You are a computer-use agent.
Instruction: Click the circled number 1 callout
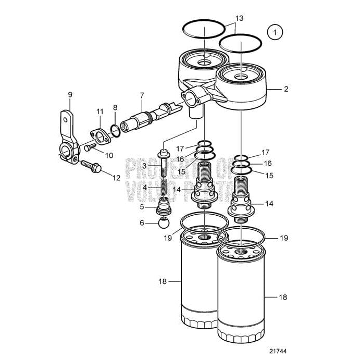pos(274,32)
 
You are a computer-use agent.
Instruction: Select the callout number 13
pos(239,19)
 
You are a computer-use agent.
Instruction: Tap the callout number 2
pos(285,89)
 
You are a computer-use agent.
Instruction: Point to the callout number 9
pos(70,94)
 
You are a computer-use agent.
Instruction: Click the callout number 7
pos(141,95)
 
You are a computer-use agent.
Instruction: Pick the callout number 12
pos(116,177)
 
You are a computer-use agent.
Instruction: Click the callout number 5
pos(142,206)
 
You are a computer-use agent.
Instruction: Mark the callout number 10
pos(109,155)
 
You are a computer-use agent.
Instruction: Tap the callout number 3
pos(144,166)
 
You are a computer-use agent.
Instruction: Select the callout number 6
pos(142,222)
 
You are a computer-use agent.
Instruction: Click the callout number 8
pos(115,108)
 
